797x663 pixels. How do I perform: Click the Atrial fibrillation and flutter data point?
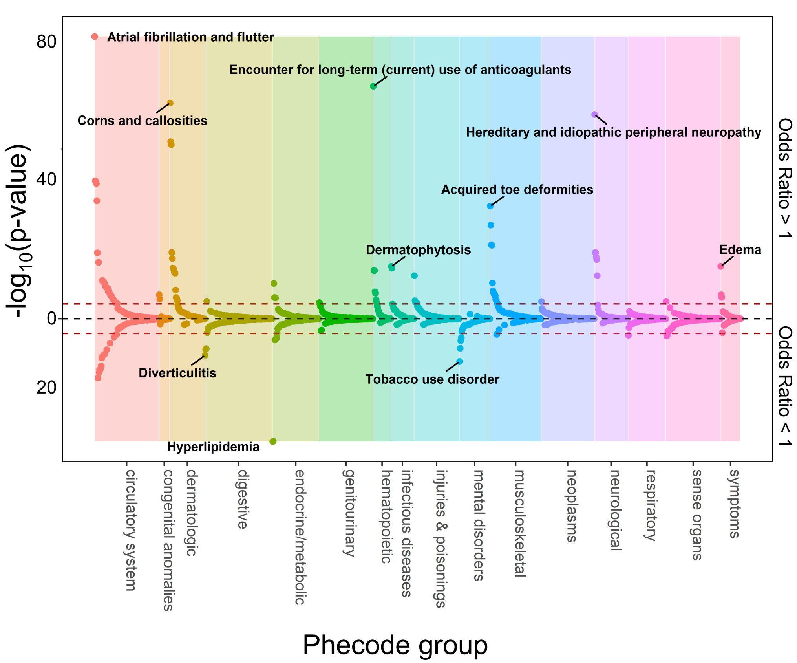[95, 37]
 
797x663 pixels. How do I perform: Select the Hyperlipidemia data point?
[273, 441]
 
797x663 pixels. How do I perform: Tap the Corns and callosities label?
[142, 121]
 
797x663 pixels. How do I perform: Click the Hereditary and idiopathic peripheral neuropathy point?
[594, 115]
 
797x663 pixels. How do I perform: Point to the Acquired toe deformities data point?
[490, 206]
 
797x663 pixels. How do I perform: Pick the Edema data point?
[720, 266]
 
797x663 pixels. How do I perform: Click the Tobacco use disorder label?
[432, 379]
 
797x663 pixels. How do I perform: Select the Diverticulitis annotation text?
[177, 373]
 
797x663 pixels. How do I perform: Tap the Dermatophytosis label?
[418, 250]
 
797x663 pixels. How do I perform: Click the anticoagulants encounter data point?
[373, 86]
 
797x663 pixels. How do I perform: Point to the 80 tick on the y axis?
[46, 42]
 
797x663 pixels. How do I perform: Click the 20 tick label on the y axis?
[46, 388]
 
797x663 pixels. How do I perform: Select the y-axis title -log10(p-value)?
[18, 232]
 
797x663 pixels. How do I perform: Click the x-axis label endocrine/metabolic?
[300, 537]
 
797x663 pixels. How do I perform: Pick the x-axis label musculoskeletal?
[520, 523]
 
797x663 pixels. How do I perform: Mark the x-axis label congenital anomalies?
[168, 540]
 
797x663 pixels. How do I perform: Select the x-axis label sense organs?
[696, 515]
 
